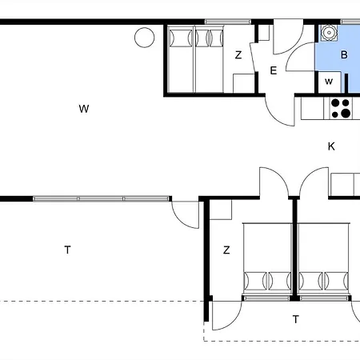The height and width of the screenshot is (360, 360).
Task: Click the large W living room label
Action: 84,109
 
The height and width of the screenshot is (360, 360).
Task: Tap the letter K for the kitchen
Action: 331,146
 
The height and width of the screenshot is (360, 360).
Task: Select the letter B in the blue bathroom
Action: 344,54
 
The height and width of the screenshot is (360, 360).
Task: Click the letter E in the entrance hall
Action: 274,70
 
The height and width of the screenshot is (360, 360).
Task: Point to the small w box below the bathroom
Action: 329,82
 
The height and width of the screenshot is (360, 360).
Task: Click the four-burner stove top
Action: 341,109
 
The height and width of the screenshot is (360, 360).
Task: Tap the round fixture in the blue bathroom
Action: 329,33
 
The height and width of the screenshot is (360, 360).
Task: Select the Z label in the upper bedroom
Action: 238,55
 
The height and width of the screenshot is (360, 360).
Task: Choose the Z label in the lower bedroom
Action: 226,250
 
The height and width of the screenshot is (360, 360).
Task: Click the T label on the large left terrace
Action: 68,250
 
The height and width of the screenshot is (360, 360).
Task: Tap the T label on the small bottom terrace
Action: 296,319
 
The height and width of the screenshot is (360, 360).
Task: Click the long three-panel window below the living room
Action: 101,198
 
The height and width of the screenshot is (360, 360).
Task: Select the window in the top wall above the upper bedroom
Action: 228,22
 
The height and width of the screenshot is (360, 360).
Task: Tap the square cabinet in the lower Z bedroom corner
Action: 221,210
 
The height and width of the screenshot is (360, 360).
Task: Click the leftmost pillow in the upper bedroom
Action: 181,38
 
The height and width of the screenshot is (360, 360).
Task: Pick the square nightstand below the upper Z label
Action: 244,83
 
